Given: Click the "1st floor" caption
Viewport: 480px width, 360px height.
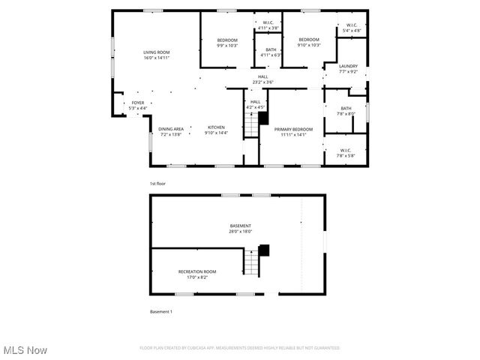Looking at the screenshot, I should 157,184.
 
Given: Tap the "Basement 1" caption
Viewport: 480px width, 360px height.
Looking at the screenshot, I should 161,311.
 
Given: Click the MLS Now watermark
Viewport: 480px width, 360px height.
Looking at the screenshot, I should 25,350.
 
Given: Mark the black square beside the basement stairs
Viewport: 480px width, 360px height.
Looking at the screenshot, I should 264,251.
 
